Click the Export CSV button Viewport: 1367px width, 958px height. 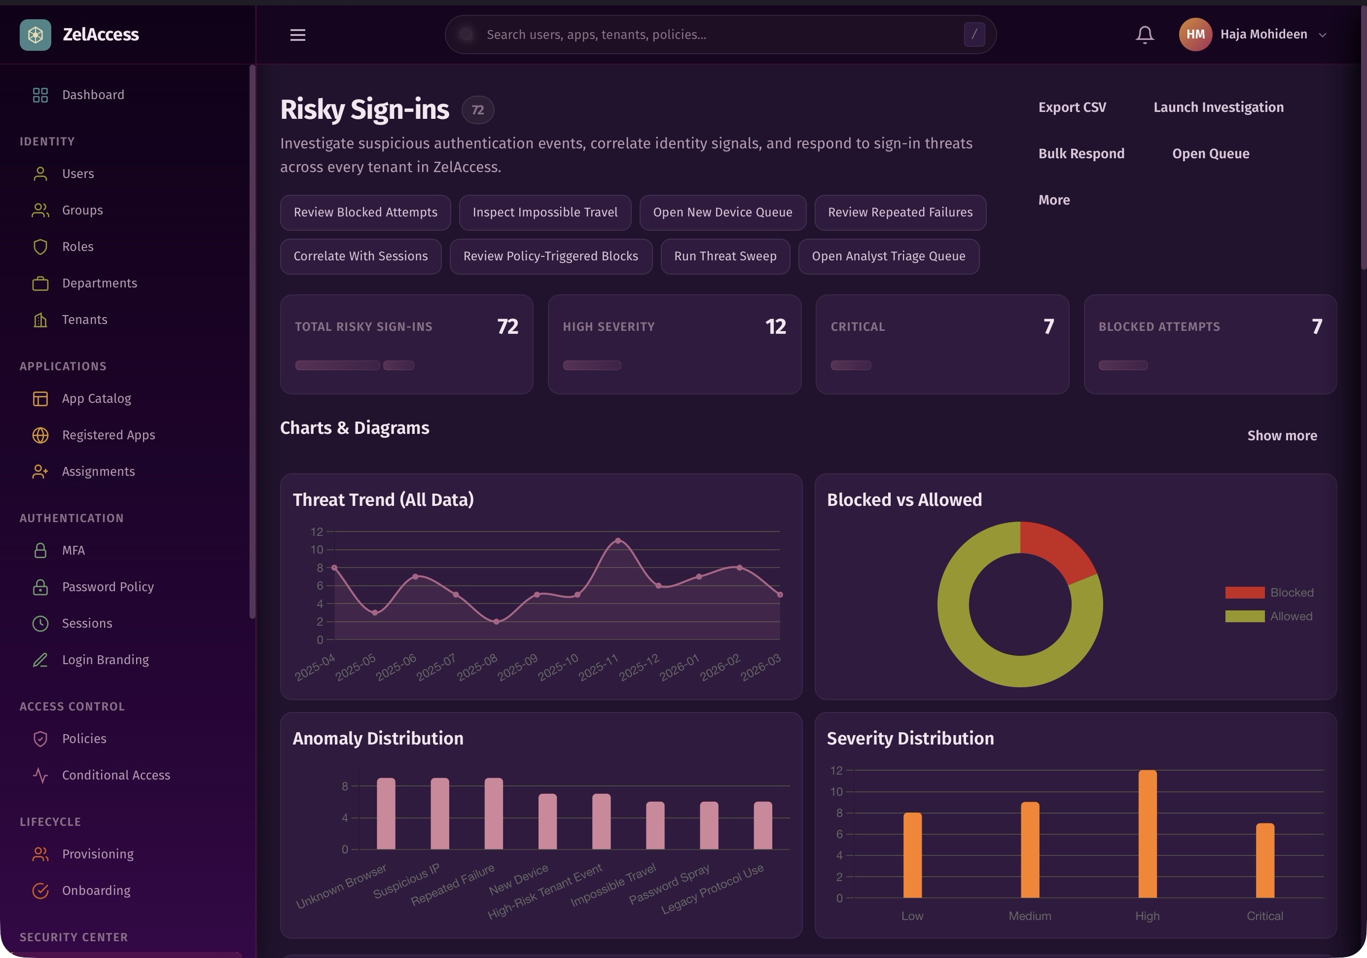1072,107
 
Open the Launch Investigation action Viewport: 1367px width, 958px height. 1218,107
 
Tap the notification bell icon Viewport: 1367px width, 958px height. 1144,35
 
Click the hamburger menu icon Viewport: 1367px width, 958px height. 298,35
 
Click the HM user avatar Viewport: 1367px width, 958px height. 1195,35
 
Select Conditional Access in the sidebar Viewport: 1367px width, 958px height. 116,775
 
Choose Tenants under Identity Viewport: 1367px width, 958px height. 84,319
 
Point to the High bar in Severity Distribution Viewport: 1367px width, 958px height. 1147,834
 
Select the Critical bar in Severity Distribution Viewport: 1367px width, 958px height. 1264,860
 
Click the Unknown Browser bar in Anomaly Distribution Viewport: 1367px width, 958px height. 386,814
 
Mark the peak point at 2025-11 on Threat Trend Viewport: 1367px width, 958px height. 617,540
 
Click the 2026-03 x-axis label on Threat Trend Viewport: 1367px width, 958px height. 761,667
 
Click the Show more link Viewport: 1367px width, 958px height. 1281,436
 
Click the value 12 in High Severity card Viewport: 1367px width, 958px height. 775,326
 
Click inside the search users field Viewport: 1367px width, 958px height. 715,35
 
